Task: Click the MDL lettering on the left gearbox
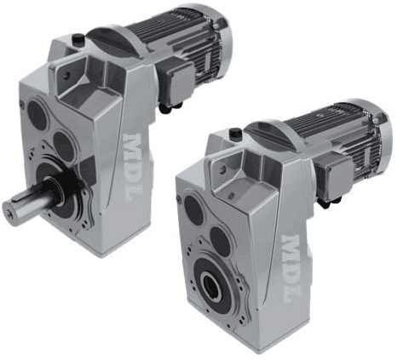133,168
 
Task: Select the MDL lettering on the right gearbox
291,268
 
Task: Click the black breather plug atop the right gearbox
234,133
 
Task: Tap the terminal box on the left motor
175,83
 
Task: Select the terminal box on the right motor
333,176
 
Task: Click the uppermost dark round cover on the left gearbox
37,115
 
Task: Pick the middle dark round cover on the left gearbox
64,146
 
